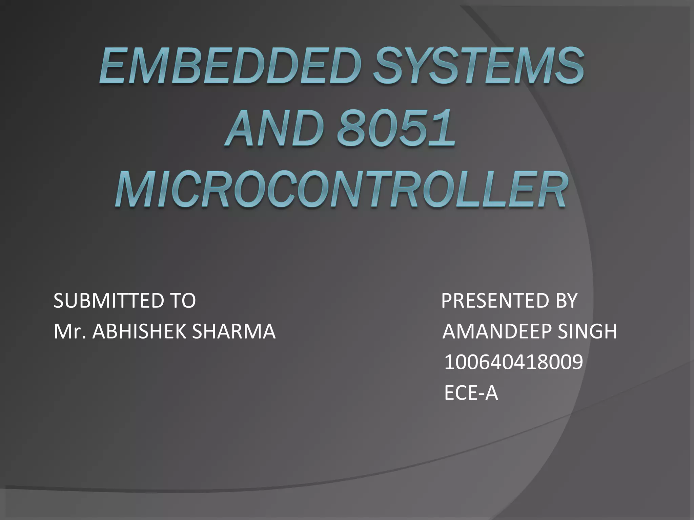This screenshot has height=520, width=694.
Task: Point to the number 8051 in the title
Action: coord(396,129)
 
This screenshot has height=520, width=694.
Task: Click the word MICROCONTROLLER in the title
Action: coord(341,190)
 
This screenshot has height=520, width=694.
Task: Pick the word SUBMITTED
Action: coord(105,300)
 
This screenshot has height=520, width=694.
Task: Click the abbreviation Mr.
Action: coord(69,331)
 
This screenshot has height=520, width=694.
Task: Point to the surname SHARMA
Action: coord(234,331)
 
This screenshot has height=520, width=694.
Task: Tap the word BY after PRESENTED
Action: coord(566,300)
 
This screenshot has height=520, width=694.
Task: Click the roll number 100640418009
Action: coord(513,362)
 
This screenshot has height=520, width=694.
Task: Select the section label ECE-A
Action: coord(471,393)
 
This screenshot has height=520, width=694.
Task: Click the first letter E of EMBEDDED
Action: coord(114,66)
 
